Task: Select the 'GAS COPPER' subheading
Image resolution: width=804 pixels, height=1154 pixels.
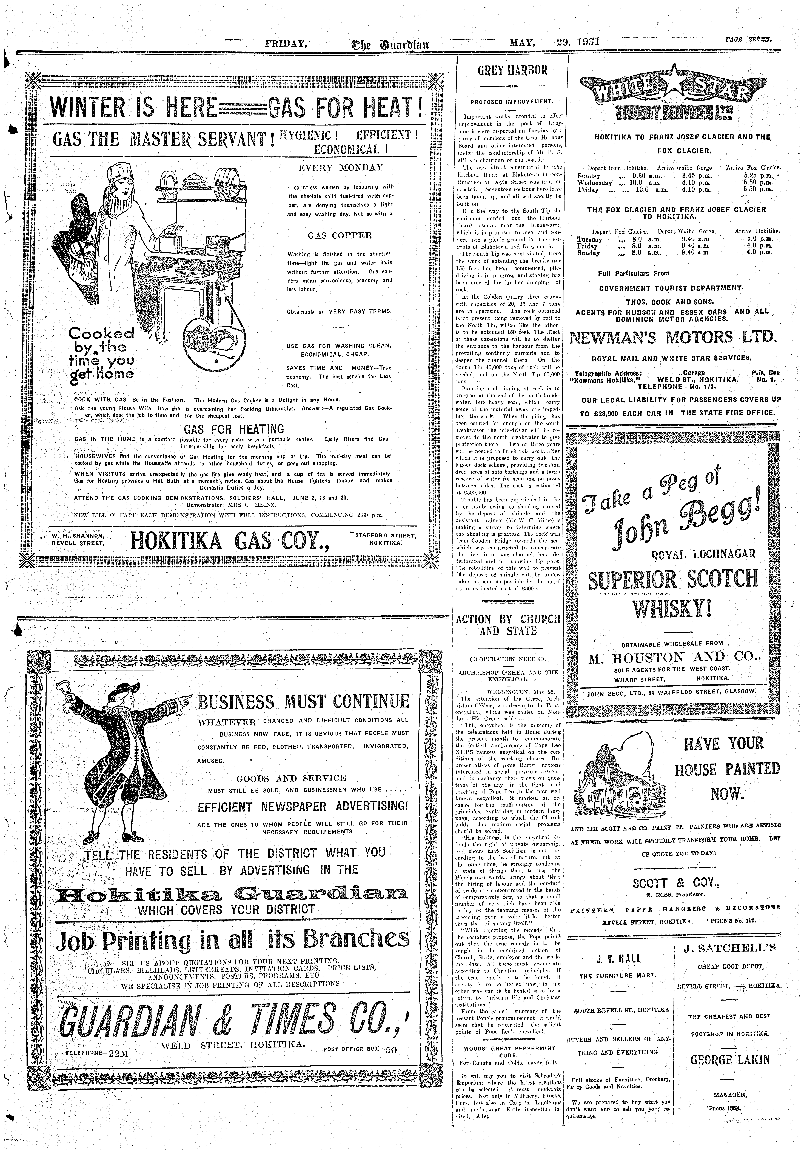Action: point(340,235)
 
